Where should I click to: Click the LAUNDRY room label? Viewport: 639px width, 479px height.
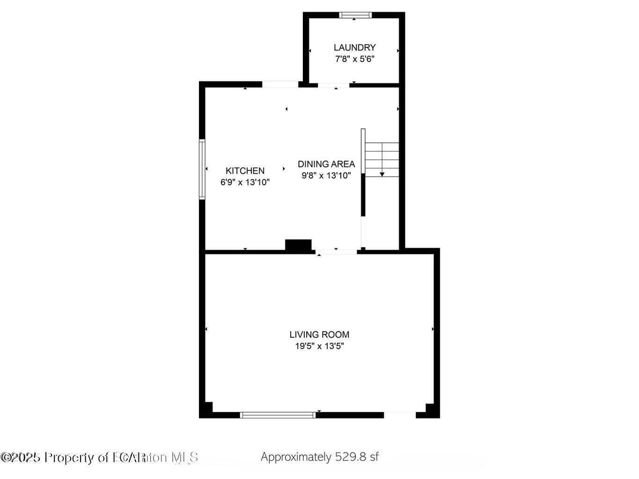point(354,47)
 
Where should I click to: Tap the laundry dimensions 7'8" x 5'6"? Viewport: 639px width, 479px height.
point(354,59)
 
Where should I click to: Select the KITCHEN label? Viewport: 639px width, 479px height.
point(245,171)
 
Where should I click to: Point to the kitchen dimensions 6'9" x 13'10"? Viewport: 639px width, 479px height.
point(245,182)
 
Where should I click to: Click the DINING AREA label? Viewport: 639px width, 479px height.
point(326,164)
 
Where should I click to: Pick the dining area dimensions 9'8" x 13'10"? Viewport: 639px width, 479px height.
point(326,176)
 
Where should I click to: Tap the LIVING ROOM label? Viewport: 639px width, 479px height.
point(319,334)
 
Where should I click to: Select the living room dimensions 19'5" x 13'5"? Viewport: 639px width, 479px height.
point(319,346)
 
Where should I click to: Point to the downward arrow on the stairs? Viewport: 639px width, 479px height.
point(382,174)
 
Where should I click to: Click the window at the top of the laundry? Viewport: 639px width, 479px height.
point(355,15)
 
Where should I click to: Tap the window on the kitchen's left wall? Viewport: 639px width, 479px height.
point(202,169)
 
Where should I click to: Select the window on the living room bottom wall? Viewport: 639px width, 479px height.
point(278,415)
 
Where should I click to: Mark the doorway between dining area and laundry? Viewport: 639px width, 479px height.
point(333,85)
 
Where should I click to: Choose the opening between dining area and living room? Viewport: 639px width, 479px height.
point(336,252)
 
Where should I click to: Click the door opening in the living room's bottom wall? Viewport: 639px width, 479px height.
point(400,415)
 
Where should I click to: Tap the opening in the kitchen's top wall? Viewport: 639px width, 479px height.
point(280,85)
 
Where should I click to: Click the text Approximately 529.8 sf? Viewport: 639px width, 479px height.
point(319,457)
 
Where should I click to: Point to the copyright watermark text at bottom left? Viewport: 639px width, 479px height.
point(99,457)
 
